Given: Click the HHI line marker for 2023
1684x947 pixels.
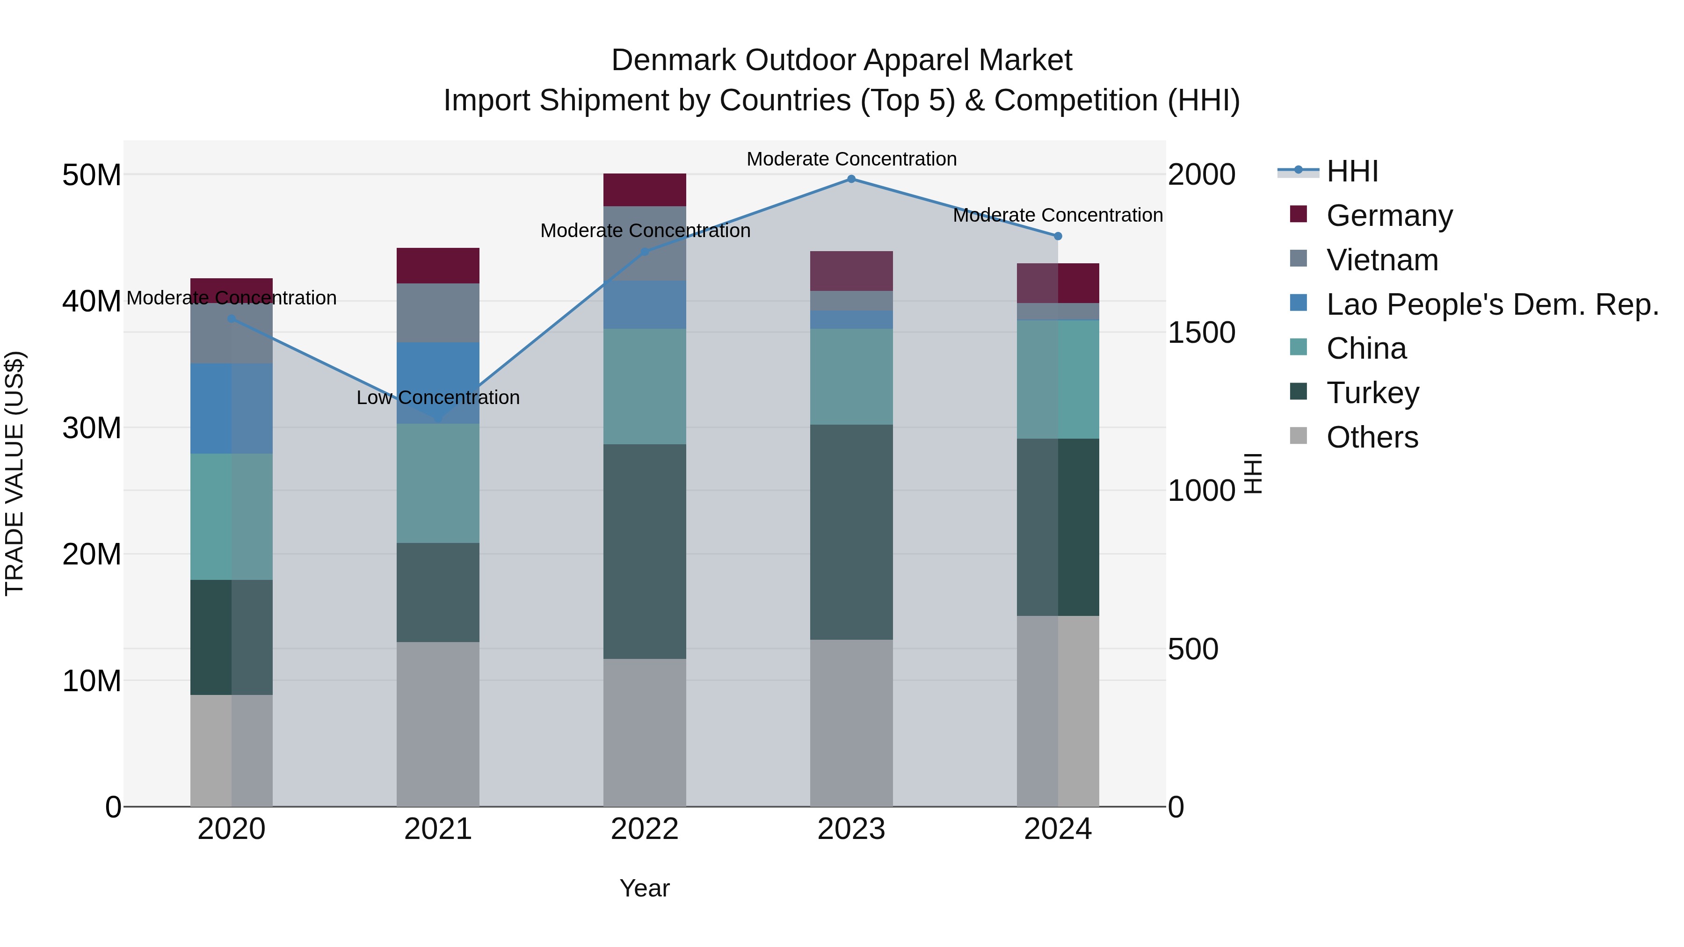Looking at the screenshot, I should pyautogui.click(x=851, y=179).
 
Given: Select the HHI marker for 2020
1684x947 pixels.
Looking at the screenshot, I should pyautogui.click(x=232, y=319).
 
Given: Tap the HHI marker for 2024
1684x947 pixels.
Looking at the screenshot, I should pyautogui.click(x=1058, y=236).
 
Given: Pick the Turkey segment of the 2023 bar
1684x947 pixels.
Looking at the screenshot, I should pyautogui.click(x=851, y=532).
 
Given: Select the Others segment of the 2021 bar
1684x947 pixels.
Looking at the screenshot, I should pyautogui.click(x=438, y=724).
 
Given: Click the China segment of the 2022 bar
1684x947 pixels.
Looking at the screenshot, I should pyautogui.click(x=645, y=386).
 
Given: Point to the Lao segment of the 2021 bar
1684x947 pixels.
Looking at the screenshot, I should pyautogui.click(x=438, y=383).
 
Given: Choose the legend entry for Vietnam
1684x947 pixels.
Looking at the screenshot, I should pyautogui.click(x=1381, y=260).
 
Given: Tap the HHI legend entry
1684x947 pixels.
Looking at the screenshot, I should pyautogui.click(x=1352, y=171).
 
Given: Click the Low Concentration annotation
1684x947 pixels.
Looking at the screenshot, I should pyautogui.click(x=438, y=398).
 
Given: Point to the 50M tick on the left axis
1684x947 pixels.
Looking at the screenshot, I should pyautogui.click(x=92, y=175).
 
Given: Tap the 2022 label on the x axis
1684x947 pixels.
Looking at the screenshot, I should pyautogui.click(x=645, y=829).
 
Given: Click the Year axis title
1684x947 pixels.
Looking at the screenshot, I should pyautogui.click(x=645, y=888).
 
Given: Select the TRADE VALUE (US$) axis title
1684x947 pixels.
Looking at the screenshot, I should pyautogui.click(x=15, y=473).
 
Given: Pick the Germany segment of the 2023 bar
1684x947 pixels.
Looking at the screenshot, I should pyautogui.click(x=851, y=271).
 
